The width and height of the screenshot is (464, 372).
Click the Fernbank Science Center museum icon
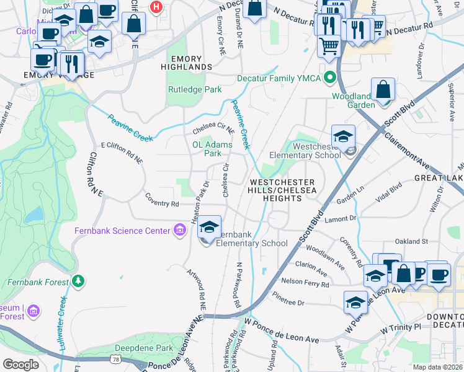(180, 231)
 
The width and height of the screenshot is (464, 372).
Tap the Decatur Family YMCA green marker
(331, 79)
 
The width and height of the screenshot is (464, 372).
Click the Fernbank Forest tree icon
(78, 281)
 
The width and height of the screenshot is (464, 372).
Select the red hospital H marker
(156, 7)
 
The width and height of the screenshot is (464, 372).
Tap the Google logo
(20, 364)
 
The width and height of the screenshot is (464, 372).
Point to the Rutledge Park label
(195, 89)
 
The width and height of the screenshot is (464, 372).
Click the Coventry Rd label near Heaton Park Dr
(162, 203)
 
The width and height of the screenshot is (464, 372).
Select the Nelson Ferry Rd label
(304, 283)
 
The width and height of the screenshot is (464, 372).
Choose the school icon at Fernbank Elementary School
(210, 228)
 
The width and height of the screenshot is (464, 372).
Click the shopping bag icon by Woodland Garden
(383, 91)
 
